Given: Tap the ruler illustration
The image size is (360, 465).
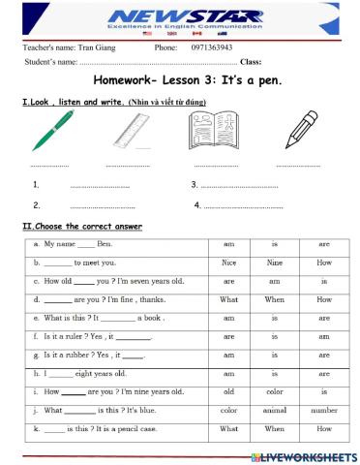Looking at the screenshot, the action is tap(136, 130).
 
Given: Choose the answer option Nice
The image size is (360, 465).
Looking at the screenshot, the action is tap(229, 262).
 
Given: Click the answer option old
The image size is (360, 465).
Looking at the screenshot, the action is tap(229, 390).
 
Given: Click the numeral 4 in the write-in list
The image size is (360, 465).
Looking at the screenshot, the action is tap(197, 205).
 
